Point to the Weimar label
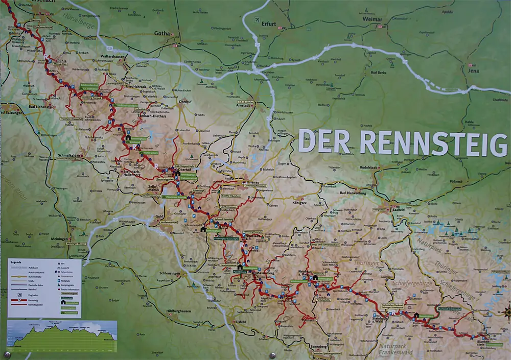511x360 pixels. [x=373, y=19]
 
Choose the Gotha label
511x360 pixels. [x=161, y=34]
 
